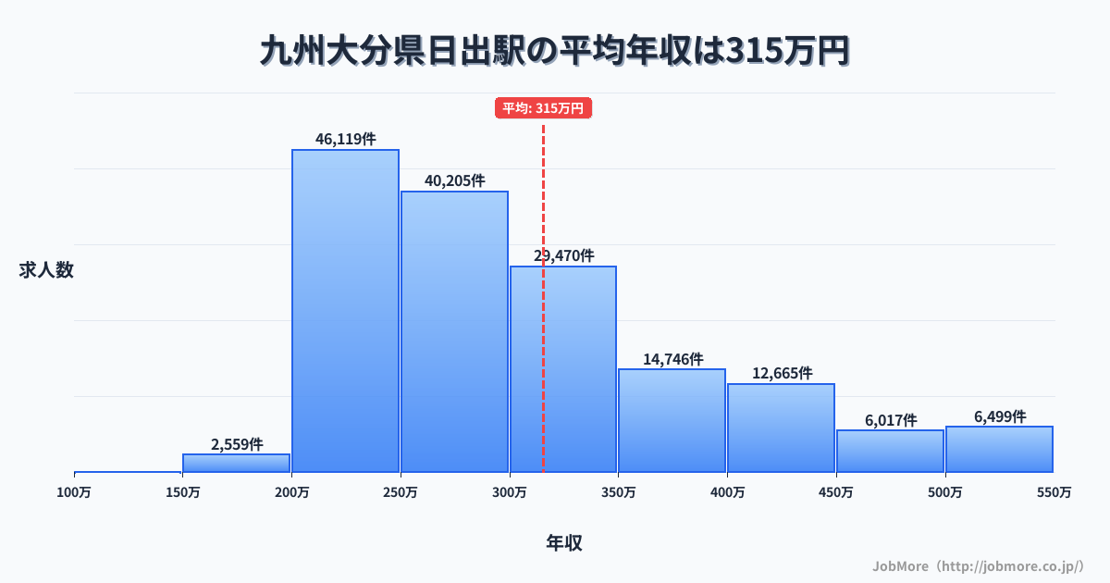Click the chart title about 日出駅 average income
pyautogui.click(x=554, y=51)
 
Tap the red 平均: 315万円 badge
pyautogui.click(x=543, y=108)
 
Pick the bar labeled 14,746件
pyautogui.click(x=672, y=420)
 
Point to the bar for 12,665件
pyautogui.click(x=782, y=428)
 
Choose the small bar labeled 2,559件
pyautogui.click(x=237, y=463)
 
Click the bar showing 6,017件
pyautogui.click(x=891, y=451)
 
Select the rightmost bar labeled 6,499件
pyautogui.click(x=1000, y=449)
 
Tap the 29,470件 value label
pyautogui.click(x=564, y=255)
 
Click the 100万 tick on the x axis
pyautogui.click(x=75, y=492)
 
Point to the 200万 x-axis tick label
pyautogui.click(x=292, y=492)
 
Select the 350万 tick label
pyautogui.click(x=619, y=492)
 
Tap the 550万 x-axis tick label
pyautogui.click(x=1054, y=492)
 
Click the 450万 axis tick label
pyautogui.click(x=836, y=492)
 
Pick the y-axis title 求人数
pyautogui.click(x=46, y=270)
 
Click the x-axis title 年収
pyautogui.click(x=563, y=543)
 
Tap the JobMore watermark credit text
pyautogui.click(x=978, y=565)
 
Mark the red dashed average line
pyautogui.click(x=543, y=370)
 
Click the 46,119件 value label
pyautogui.click(x=346, y=139)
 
